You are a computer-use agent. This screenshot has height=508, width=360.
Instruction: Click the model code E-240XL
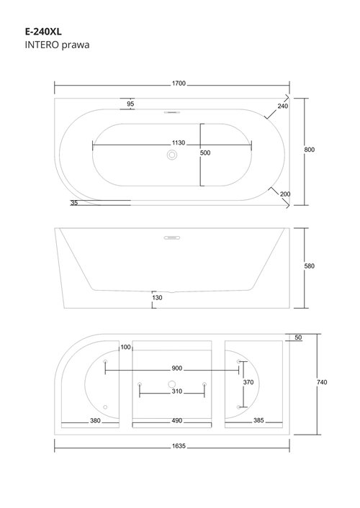(43, 32)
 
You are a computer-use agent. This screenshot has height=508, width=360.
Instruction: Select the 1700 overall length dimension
(179, 83)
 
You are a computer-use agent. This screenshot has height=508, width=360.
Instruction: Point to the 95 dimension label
(130, 104)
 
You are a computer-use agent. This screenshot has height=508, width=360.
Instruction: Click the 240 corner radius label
(282, 106)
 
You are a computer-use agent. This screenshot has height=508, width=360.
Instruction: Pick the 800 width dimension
(310, 150)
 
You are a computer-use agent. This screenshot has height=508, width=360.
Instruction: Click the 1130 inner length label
(179, 143)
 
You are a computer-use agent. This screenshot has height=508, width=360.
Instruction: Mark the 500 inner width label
(205, 153)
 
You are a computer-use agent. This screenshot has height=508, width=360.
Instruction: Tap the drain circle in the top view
(172, 155)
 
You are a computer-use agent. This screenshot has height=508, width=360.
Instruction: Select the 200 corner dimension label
(285, 194)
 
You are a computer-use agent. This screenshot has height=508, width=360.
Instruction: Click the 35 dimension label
(74, 203)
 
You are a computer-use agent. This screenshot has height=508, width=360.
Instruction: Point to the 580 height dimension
(310, 266)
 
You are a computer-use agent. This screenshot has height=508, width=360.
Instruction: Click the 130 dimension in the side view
(157, 298)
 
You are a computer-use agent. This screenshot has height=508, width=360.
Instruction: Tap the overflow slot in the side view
(172, 237)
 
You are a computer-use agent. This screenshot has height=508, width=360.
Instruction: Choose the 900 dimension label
(177, 368)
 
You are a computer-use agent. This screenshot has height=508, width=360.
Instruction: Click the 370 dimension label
(248, 382)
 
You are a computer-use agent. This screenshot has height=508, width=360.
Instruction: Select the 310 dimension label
(177, 391)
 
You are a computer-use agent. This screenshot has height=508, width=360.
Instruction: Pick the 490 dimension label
(177, 421)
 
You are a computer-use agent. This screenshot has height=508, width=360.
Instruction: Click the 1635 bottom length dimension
(179, 446)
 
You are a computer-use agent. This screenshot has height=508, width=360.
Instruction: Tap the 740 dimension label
(322, 382)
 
